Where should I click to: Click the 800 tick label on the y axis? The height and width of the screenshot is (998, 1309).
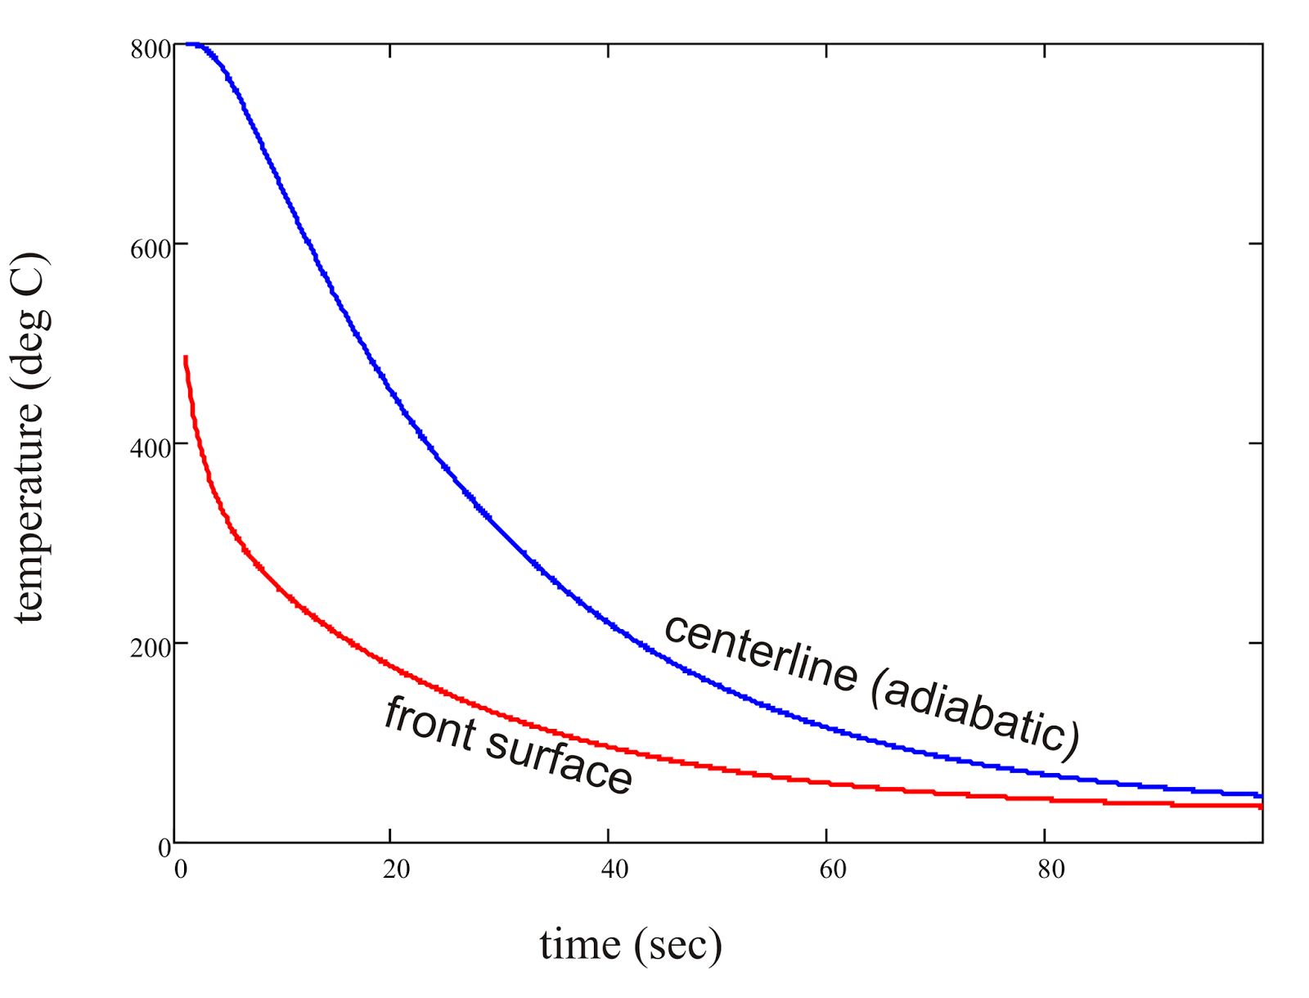151,50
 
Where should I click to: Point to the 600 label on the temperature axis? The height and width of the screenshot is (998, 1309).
151,249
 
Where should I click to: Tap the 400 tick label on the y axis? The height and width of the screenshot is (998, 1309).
151,449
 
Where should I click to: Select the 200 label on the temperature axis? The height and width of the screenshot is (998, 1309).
151,649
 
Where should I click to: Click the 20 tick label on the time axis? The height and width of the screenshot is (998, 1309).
396,870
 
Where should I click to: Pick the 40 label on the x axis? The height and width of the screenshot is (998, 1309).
614,870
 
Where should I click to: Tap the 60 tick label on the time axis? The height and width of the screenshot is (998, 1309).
833,870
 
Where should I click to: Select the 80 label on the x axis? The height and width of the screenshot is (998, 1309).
1051,870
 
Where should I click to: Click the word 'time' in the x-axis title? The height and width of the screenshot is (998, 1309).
579,945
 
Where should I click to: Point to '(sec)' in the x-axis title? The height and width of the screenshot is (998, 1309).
677,946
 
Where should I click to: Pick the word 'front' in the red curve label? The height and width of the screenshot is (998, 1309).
430,723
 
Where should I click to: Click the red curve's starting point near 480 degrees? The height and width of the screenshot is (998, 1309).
186,358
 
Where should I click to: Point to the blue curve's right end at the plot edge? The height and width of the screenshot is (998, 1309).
1260,795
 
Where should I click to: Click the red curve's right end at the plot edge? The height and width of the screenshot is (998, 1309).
1260,807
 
